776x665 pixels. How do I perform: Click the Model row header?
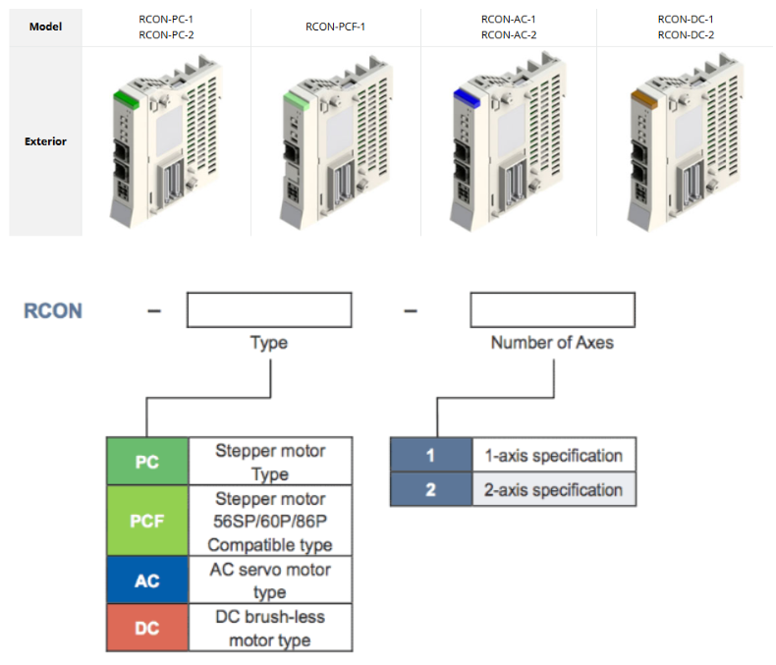45,27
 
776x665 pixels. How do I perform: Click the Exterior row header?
45,141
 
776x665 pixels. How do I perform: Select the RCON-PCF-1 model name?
335,27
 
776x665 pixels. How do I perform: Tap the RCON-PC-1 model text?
167,19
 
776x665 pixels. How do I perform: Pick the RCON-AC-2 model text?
508,35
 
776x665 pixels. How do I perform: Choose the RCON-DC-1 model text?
686,19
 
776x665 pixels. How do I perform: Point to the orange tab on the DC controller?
644,96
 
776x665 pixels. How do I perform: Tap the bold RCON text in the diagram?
53,311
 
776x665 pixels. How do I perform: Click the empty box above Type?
269,309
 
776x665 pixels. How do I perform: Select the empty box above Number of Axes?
553,309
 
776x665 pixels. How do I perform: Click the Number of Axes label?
553,343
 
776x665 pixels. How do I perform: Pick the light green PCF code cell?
146,521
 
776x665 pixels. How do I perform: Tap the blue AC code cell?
146,581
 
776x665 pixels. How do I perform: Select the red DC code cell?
146,628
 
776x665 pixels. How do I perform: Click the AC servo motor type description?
271,581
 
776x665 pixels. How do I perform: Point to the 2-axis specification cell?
553,489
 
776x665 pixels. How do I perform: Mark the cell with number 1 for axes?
430,456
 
